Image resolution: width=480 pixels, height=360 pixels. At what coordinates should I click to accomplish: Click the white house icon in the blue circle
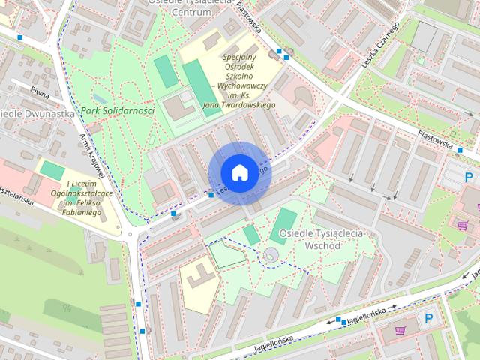(239, 172)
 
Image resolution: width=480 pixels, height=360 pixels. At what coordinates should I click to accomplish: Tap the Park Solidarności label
(117, 110)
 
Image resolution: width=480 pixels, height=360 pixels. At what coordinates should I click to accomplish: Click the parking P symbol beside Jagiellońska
(429, 318)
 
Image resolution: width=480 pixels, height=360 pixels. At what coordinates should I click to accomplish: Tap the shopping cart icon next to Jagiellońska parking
(400, 329)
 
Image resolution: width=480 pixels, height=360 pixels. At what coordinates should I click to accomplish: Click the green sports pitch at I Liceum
(52, 169)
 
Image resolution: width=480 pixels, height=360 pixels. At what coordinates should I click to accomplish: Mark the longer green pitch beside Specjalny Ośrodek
(197, 85)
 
